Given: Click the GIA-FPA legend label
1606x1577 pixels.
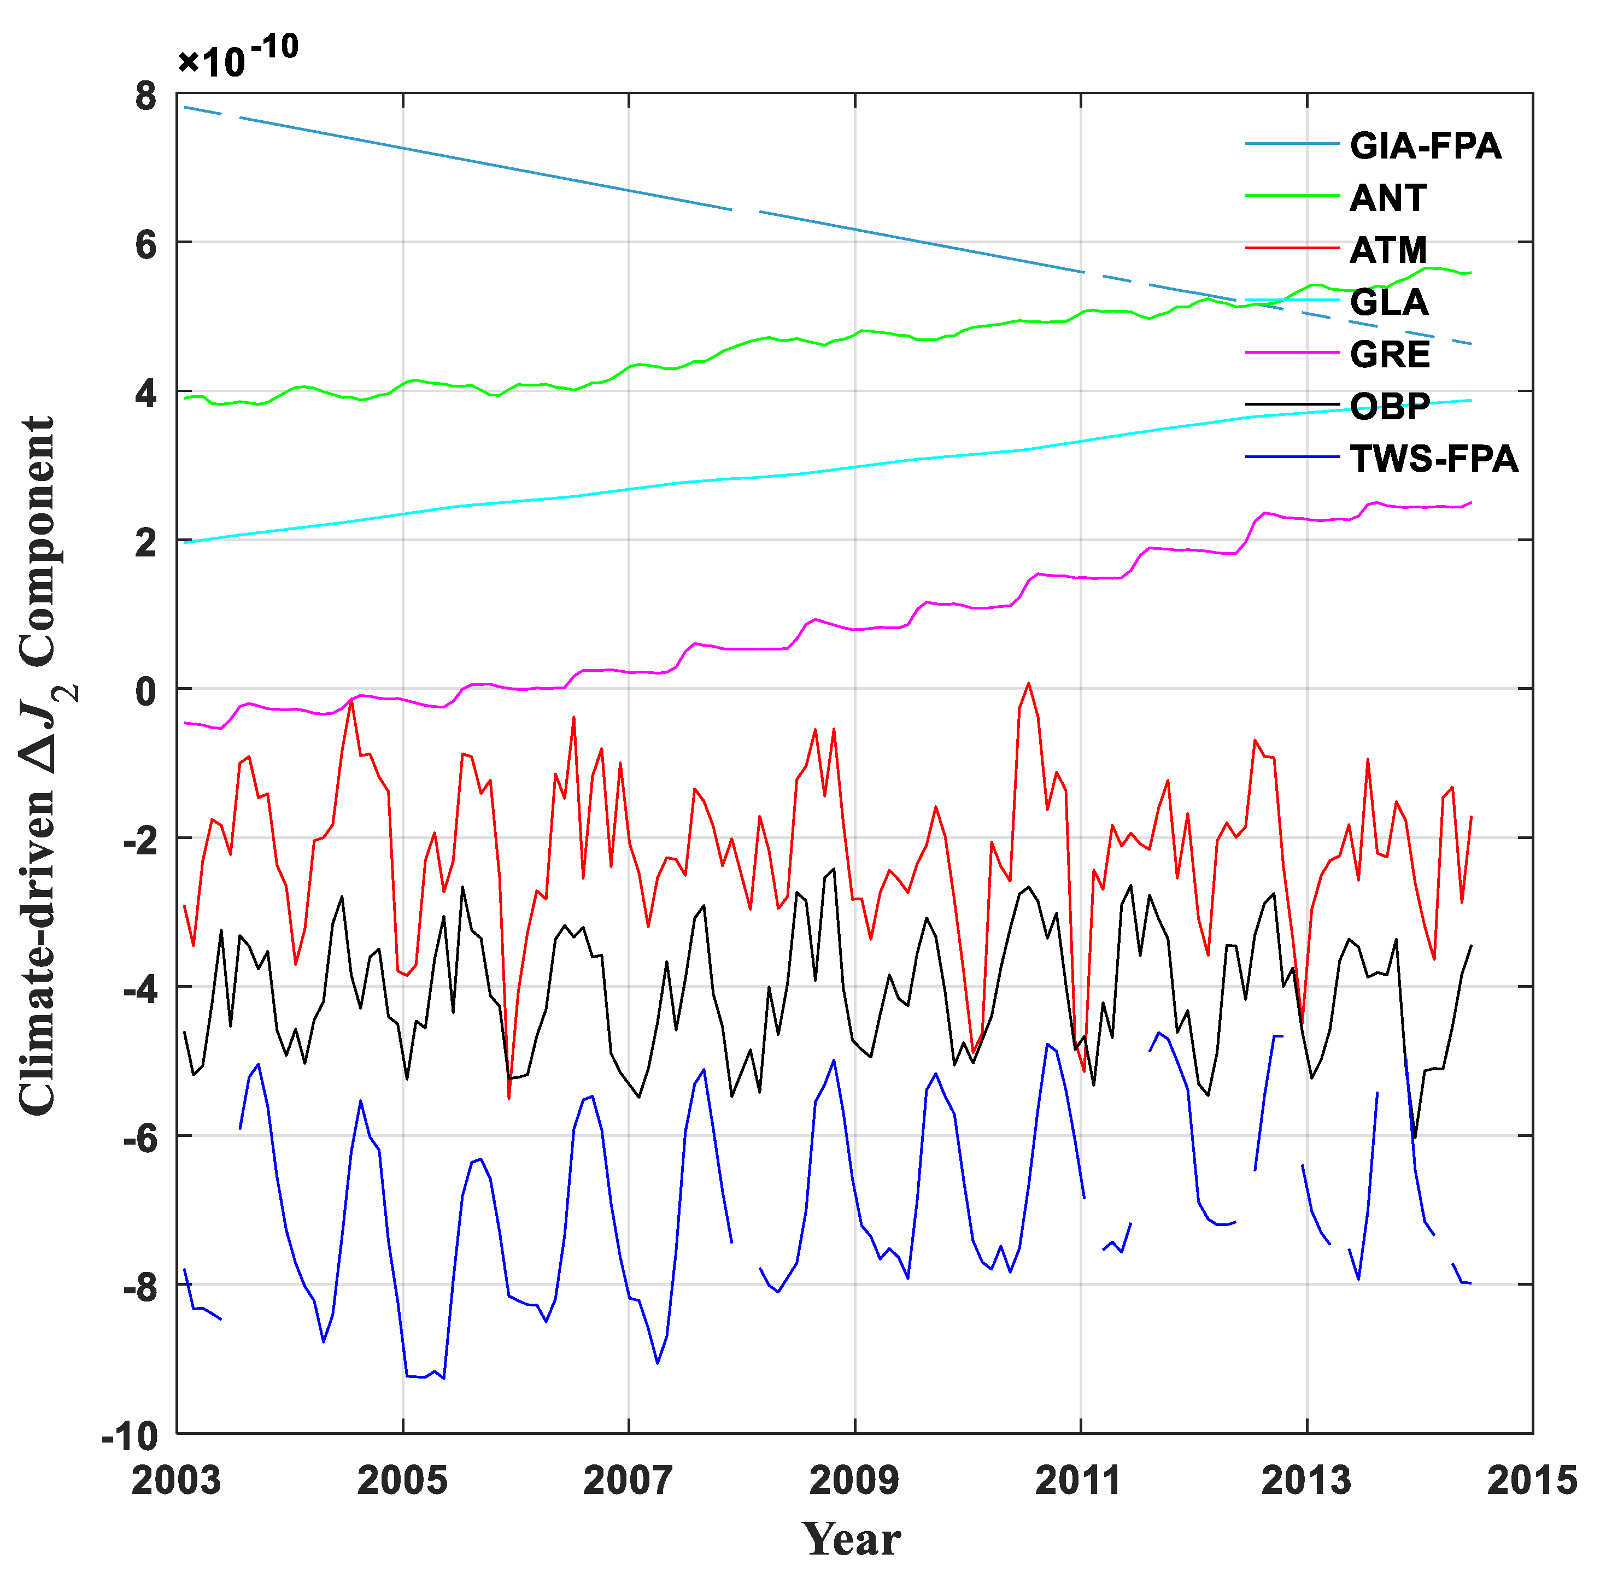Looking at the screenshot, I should pyautogui.click(x=1425, y=146).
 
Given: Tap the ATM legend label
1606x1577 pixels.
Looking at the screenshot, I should pyautogui.click(x=1388, y=250).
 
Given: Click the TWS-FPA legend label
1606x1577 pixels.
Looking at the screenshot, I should pyautogui.click(x=1434, y=459).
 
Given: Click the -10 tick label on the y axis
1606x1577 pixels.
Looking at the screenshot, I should pyautogui.click(x=130, y=1436).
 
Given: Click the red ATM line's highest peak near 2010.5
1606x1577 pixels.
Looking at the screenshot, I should pyautogui.click(x=1029, y=683).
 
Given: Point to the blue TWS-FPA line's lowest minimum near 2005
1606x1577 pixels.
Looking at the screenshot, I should pyautogui.click(x=444, y=1378).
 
